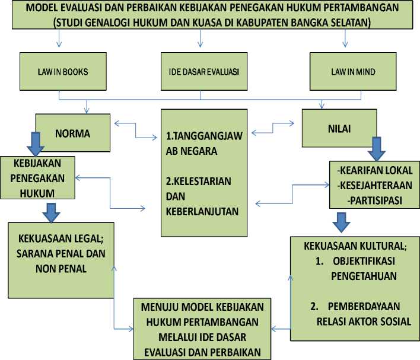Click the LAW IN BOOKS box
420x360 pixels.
pos(63,71)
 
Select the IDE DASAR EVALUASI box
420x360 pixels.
pos(204,71)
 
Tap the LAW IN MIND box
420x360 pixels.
pos(353,71)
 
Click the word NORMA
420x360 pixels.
pos(72,133)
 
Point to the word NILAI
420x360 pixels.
pos(339,129)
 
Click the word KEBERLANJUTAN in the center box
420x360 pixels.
pos(202,211)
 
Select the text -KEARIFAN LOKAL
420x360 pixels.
pos(375,170)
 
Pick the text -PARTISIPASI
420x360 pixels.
pos(375,200)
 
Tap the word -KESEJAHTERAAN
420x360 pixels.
pos(375,186)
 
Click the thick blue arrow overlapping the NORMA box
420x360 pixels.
pos(36,144)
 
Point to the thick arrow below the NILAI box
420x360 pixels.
pos(377,149)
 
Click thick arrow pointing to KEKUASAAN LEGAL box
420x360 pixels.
pos(51,213)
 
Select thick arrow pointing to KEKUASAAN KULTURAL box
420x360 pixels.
pos(341,222)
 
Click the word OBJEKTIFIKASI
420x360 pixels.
pos(364,261)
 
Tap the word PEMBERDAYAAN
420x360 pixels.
pos(364,306)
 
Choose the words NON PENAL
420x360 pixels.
pos(61,269)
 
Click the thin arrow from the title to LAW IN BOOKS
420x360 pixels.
pos(59,39)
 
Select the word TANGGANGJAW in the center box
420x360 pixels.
pos(207,136)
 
